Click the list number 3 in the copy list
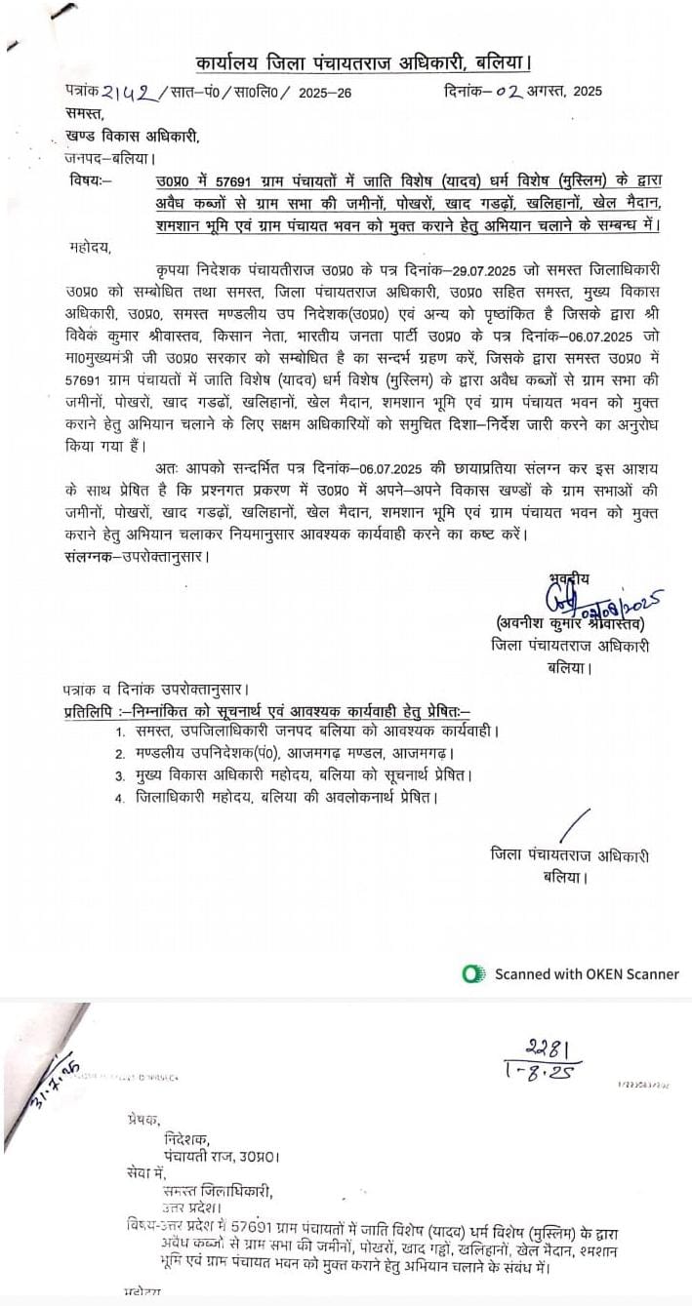pos(119,775)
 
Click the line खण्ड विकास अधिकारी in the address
pos(131,137)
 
